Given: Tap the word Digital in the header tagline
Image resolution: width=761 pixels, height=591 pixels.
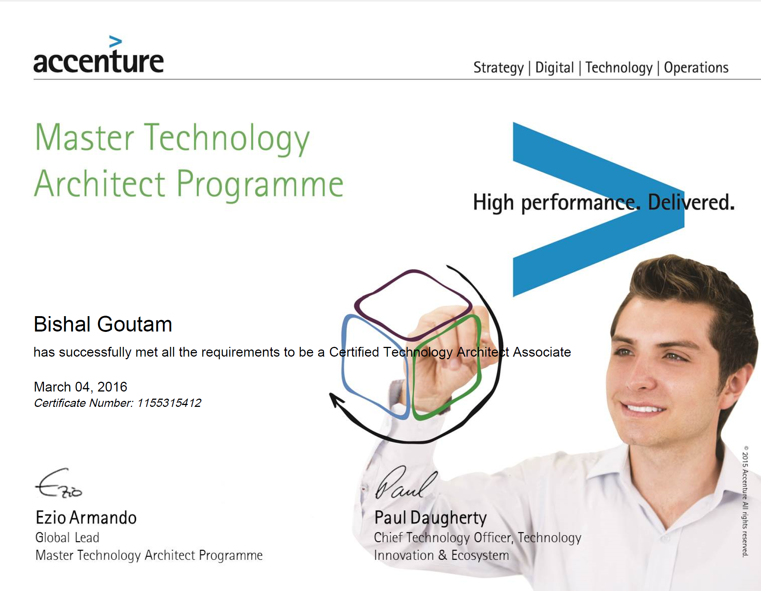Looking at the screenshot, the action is [554, 68].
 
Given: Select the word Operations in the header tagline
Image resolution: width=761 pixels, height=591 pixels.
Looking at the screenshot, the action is [696, 68].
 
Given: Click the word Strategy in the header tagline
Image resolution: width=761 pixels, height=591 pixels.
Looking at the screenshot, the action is [499, 68].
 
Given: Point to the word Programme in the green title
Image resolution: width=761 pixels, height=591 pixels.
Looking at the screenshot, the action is [260, 184].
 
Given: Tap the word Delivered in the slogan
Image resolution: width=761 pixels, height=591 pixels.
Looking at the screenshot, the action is [691, 202].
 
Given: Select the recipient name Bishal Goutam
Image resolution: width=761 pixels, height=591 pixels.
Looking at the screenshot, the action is [103, 324].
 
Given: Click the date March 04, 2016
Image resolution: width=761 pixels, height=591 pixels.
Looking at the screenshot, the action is [81, 387].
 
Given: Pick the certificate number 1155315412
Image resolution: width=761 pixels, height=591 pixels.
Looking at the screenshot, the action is [169, 403].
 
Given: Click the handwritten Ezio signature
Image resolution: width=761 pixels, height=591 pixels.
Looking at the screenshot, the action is [58, 483].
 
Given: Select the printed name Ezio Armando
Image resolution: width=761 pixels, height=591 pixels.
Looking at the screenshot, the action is [86, 517].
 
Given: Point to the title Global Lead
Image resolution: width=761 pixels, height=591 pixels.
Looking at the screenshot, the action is [67, 537].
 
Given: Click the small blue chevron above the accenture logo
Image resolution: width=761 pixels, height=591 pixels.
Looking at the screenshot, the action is [115, 42].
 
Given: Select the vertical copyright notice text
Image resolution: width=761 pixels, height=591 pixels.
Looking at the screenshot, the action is [745, 501].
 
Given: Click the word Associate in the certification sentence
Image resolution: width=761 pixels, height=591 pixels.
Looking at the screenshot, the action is [542, 352].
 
